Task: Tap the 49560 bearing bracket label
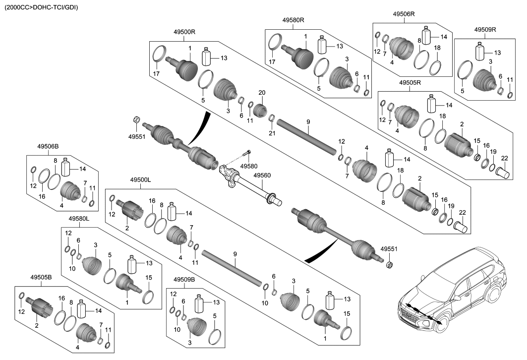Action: coord(262,175)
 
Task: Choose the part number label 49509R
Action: coord(485,29)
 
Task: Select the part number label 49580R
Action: coord(293,20)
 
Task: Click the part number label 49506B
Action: coord(48,146)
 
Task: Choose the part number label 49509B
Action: coord(184,280)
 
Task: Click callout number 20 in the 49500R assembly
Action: coord(262,93)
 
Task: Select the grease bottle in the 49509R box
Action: coord(479,51)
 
